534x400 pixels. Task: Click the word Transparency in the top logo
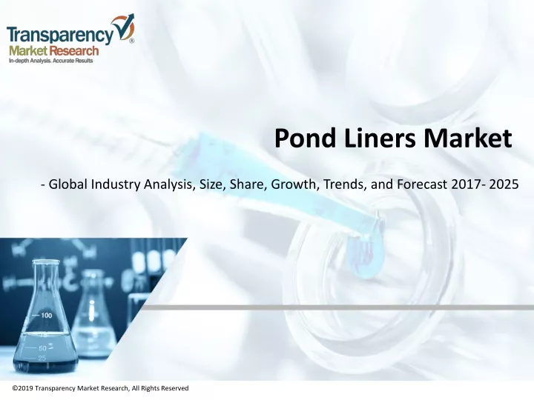60,35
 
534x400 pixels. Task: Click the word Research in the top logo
73,51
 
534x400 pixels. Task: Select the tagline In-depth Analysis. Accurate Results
50,61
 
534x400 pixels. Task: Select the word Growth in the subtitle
295,184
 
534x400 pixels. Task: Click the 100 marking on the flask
47,316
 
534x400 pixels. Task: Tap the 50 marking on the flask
42,348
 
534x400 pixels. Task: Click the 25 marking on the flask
42,358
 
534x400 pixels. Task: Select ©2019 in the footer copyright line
22,388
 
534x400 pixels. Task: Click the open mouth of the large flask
46,262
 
